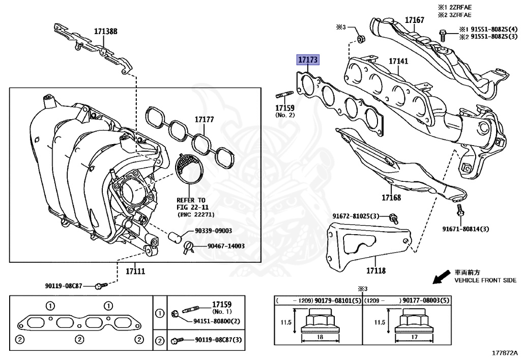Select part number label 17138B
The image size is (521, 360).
pos(105,31)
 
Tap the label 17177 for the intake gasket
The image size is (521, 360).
pos(204,120)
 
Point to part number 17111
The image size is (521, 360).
pos(135,271)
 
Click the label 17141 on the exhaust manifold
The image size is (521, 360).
pos(398,61)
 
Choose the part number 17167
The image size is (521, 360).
pos(414,20)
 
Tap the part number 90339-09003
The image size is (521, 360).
pos(213,231)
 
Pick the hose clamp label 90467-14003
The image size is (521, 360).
pos(225,246)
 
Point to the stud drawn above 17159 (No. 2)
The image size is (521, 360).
pos(284,95)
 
